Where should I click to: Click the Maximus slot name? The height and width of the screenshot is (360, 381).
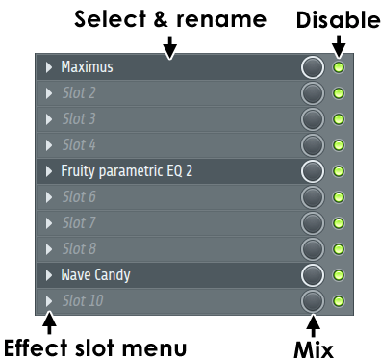click(87, 67)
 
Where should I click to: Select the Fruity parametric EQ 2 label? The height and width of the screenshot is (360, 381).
click(127, 171)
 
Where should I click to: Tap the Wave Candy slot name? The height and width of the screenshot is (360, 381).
click(95, 275)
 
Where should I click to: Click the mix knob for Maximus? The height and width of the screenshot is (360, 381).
click(313, 67)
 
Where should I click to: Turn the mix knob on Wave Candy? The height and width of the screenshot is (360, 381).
click(313, 275)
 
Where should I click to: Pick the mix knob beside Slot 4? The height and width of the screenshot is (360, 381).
click(313, 145)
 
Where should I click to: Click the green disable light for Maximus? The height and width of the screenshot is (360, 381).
click(339, 67)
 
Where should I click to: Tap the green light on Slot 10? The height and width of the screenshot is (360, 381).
click(339, 301)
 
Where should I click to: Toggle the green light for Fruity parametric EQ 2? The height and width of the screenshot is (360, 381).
click(339, 171)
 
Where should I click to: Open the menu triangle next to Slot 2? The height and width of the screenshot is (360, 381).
click(49, 93)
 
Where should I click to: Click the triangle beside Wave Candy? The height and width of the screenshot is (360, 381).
click(49, 275)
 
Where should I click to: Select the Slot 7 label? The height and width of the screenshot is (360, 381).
click(79, 222)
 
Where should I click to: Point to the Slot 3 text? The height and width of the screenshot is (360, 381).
click(79, 119)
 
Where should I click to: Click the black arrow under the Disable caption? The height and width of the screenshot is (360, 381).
click(339, 46)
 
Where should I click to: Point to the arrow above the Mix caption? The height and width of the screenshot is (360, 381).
click(313, 325)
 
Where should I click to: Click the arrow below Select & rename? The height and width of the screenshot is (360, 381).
click(170, 47)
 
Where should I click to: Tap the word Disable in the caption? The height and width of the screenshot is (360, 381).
click(339, 20)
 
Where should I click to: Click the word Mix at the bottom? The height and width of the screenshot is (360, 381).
click(314, 349)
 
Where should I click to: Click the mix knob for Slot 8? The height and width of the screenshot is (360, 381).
click(313, 249)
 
